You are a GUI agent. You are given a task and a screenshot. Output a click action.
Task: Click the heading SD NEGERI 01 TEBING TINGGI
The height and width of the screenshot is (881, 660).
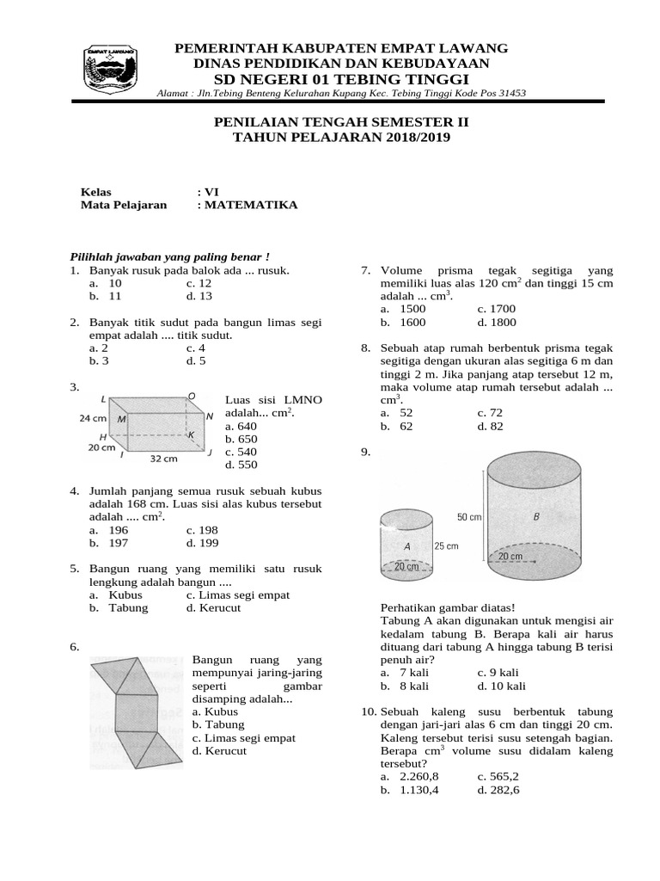341,79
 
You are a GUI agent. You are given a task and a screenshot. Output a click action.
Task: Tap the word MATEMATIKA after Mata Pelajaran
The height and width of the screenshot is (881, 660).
251,205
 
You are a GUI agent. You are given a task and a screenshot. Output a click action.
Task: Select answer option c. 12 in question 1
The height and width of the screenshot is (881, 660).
199,282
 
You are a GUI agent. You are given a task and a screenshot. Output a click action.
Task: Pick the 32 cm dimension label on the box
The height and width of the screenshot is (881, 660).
163,459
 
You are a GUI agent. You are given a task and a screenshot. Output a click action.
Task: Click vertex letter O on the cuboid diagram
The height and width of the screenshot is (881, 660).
192,397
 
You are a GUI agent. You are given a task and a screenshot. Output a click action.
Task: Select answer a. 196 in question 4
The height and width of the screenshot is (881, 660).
107,530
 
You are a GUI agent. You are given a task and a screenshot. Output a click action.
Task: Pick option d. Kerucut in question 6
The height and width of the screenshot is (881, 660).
219,750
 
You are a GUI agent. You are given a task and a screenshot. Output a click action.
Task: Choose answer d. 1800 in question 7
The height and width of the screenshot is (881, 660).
496,322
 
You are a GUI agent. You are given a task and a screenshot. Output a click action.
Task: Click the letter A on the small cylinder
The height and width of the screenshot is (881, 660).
406,546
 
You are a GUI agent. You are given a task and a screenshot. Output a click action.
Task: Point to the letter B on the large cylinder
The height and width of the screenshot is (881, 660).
536,517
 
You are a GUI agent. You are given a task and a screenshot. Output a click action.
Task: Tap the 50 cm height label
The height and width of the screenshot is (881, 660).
469,517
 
